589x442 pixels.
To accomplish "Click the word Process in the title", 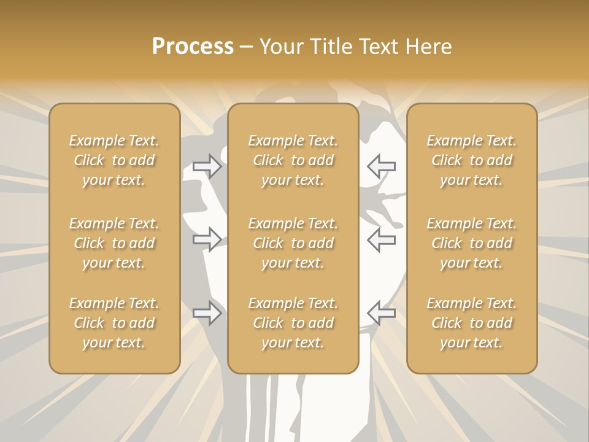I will point(193,47).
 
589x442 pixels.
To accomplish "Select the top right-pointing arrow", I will point(207,166).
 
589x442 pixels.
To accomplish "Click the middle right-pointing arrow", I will point(207,239).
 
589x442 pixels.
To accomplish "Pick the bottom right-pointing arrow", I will point(207,313).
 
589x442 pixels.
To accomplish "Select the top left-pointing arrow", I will point(381,166).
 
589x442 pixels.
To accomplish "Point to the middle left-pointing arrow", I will point(381,239).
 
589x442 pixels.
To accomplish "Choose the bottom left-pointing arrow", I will point(381,313).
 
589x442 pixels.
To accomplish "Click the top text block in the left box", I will point(114,160).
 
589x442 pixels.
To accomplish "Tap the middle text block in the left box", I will point(114,243).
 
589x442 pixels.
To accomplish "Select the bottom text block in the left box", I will point(114,323).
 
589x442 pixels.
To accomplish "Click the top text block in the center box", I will point(293,160).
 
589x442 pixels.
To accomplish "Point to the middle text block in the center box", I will point(293,243).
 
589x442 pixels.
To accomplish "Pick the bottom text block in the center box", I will point(293,323).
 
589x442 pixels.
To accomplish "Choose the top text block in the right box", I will point(472,160).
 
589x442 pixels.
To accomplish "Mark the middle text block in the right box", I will point(472,243).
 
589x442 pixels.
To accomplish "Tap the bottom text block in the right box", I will point(472,323).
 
